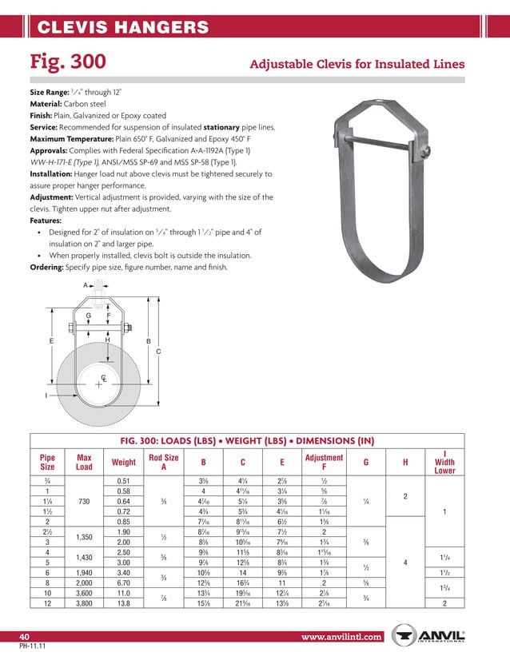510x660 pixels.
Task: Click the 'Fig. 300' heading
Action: [x=68, y=62]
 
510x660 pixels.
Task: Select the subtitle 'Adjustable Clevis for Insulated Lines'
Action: [x=357, y=64]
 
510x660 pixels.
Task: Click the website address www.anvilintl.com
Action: [x=343, y=637]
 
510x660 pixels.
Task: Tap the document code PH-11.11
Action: [x=31, y=647]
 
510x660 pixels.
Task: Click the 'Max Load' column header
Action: [x=84, y=462]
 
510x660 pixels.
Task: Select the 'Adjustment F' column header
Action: [x=324, y=462]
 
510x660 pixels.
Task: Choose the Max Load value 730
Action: [x=84, y=501]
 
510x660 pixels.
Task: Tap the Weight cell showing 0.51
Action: [x=123, y=479]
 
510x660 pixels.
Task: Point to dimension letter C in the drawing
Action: [x=158, y=352]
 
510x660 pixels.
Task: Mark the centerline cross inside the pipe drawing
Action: [x=98, y=384]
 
